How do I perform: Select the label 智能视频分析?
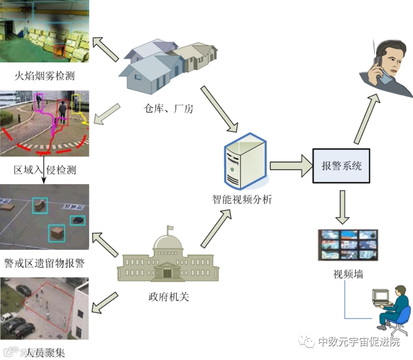click(x=242, y=199)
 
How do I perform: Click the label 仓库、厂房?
click(x=168, y=109)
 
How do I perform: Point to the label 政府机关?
click(x=168, y=297)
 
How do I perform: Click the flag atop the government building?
click(x=170, y=228)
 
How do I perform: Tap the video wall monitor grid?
click(x=348, y=245)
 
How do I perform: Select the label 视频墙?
click(x=348, y=274)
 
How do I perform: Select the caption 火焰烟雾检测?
click(x=44, y=76)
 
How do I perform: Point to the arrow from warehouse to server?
click(x=219, y=109)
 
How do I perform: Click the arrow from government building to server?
click(x=217, y=229)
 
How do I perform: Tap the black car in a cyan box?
click(x=77, y=220)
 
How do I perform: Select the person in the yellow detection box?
click(x=76, y=103)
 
